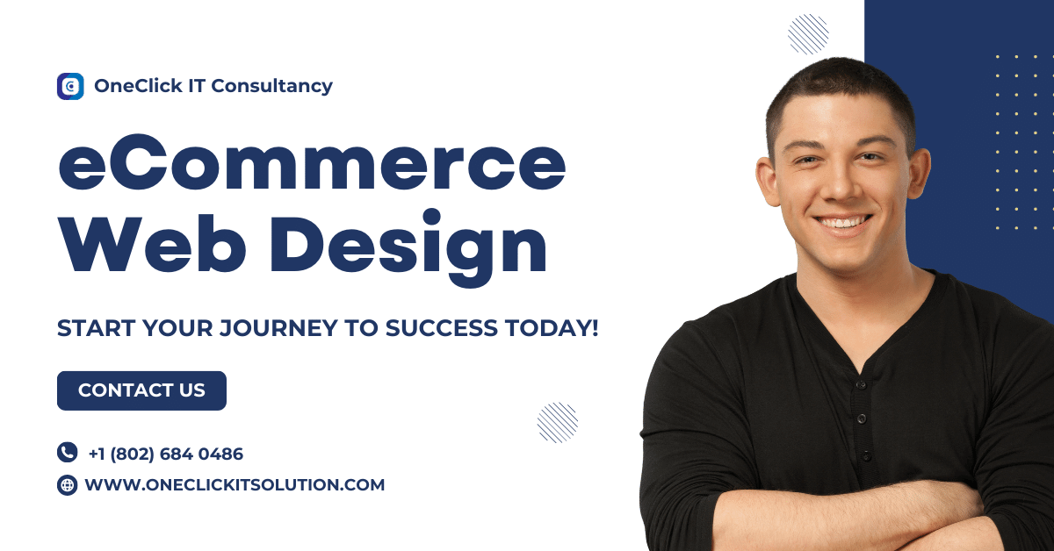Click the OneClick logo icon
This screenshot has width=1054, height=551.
70,86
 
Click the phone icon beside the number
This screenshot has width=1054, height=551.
68,453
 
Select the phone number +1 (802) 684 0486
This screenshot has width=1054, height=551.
165,454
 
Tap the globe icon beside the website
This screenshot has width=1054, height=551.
68,484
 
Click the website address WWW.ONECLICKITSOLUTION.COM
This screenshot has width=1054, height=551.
235,484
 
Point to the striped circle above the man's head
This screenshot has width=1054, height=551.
808,34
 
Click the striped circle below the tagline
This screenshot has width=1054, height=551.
558,422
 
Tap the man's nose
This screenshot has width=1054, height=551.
839,186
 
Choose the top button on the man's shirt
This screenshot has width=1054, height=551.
862,383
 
